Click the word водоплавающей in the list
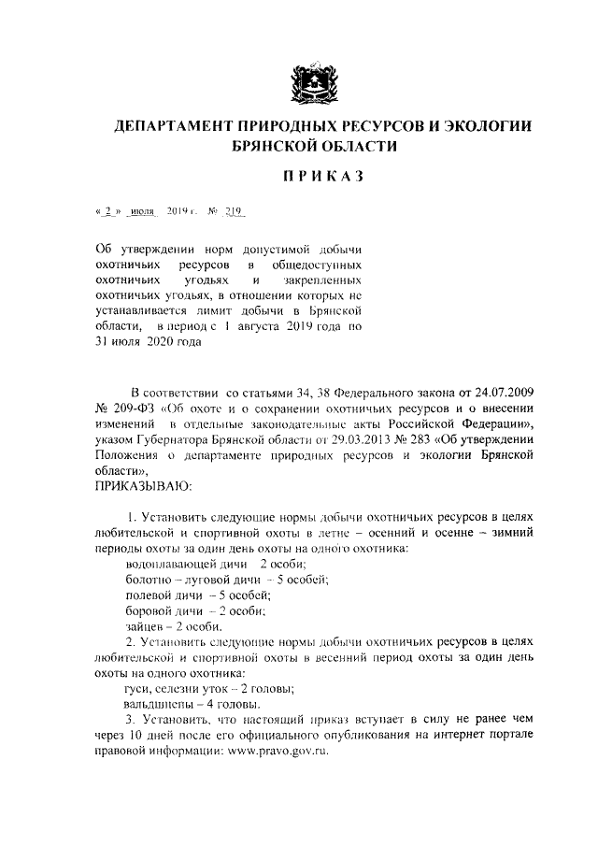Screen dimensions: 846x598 (172, 564)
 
